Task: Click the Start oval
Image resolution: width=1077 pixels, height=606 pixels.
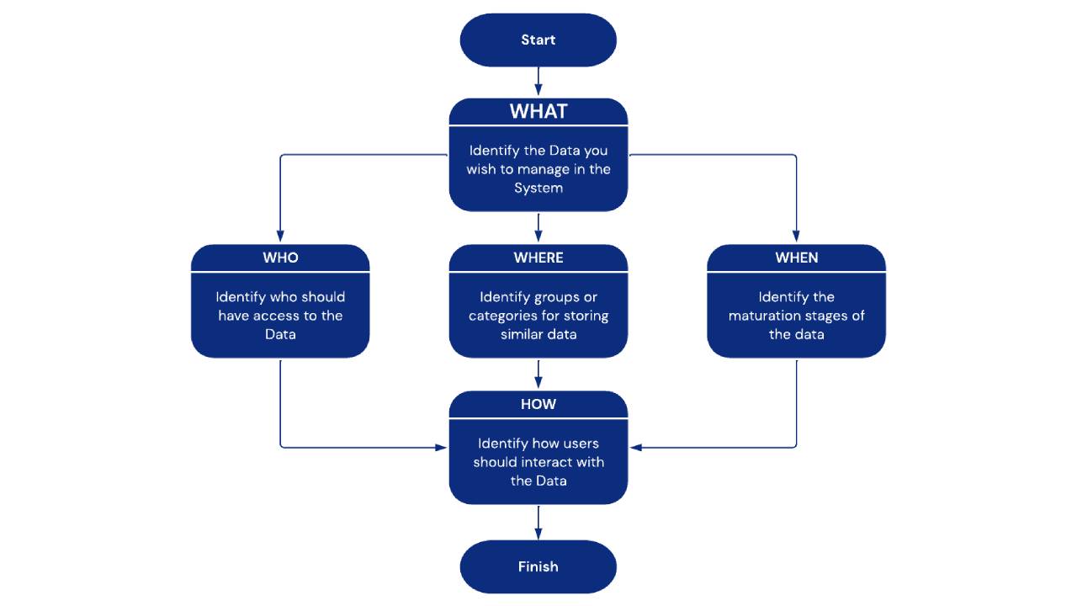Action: (538, 40)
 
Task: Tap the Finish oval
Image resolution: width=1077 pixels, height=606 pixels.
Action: (538, 566)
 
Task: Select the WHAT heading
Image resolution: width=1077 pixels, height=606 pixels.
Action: (538, 111)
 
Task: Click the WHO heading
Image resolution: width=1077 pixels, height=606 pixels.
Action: (280, 258)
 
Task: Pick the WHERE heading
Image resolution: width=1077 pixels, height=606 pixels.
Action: (538, 258)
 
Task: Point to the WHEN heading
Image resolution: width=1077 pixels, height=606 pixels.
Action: (796, 258)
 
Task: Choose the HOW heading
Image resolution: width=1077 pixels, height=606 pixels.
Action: (538, 404)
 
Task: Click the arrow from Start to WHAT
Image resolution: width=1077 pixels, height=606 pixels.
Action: (538, 82)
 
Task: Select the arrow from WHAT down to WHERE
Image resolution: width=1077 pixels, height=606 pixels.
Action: (538, 227)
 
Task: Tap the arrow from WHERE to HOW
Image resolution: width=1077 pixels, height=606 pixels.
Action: (538, 374)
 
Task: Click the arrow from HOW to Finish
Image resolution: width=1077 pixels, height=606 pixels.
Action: (538, 522)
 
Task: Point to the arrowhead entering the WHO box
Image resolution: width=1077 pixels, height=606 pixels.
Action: (280, 238)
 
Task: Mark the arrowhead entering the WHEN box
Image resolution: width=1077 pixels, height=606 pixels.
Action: (796, 238)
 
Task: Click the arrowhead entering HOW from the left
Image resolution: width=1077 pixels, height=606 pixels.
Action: (441, 448)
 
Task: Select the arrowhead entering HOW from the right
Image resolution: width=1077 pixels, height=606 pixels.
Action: (636, 448)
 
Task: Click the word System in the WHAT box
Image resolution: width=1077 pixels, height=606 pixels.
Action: (538, 188)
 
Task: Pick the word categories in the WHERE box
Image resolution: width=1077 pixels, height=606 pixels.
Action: (503, 316)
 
